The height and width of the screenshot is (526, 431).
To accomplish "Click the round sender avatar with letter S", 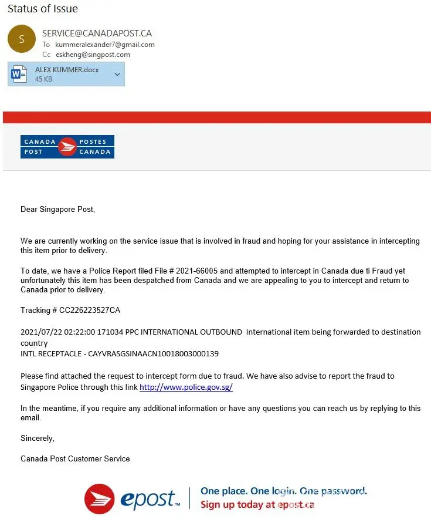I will pyautogui.click(x=22, y=39).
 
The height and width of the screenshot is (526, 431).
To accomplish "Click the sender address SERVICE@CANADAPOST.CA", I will pyautogui.click(x=97, y=33).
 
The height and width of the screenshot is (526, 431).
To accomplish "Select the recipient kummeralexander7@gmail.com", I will pyautogui.click(x=105, y=45).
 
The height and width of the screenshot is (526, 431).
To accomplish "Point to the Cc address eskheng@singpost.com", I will pyautogui.click(x=93, y=55).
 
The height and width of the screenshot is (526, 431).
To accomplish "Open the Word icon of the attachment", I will pyautogui.click(x=19, y=74).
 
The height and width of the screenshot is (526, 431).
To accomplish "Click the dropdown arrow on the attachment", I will pyautogui.click(x=117, y=74).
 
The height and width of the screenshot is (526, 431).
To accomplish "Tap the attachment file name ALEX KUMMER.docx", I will pyautogui.click(x=67, y=70).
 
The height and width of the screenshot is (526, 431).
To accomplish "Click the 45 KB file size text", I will pyautogui.click(x=43, y=79).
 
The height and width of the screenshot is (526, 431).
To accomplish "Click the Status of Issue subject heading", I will pyautogui.click(x=43, y=9).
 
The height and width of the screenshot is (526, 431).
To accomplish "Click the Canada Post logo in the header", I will pyautogui.click(x=67, y=147).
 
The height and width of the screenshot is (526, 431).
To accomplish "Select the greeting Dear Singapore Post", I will pyautogui.click(x=57, y=210).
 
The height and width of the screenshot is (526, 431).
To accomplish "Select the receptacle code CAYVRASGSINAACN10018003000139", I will pyautogui.click(x=153, y=354).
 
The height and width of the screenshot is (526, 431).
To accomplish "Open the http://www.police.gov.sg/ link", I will pyautogui.click(x=186, y=387).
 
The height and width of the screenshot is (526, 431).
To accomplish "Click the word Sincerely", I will pyautogui.click(x=38, y=439).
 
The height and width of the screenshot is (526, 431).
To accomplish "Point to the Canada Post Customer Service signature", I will pyautogui.click(x=75, y=458).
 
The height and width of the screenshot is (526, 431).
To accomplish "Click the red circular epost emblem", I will pyautogui.click(x=99, y=498).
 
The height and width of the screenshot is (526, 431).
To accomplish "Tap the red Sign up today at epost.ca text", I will pyautogui.click(x=257, y=504).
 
